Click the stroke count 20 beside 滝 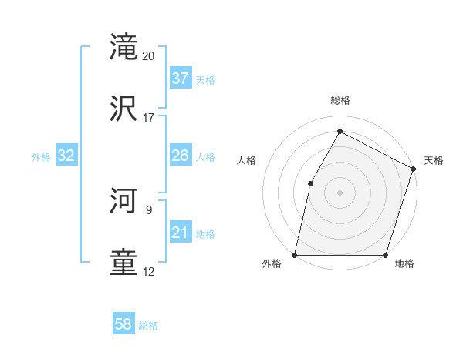point(149,56)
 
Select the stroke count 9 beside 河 point(149,209)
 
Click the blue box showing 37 point(181,79)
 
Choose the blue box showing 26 point(181,156)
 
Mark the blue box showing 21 point(181,233)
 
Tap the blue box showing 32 point(66,156)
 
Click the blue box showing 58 point(123,324)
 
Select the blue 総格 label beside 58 point(148,326)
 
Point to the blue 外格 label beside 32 point(41,157)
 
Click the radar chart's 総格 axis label point(340,100)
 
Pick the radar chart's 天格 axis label point(434,160)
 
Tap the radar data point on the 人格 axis point(310,183)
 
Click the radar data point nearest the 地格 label point(385,255)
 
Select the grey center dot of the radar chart point(340,193)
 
